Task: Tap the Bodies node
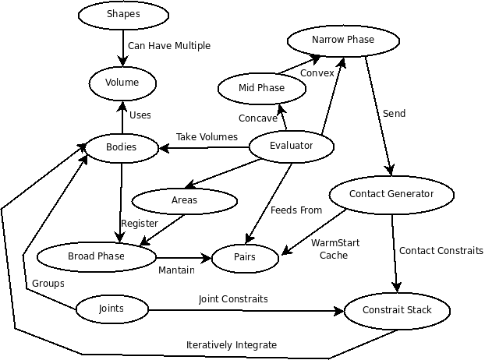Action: (x=121, y=147)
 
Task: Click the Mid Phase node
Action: (x=261, y=88)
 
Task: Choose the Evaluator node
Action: (x=291, y=146)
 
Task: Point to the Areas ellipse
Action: (x=184, y=201)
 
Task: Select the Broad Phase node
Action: (x=97, y=256)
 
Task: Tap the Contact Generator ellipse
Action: (x=391, y=194)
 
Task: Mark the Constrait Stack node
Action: (x=397, y=311)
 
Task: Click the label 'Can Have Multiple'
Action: (x=169, y=46)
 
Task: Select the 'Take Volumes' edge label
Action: (x=207, y=137)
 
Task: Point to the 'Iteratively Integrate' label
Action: (x=232, y=345)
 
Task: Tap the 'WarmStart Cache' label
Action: (x=335, y=249)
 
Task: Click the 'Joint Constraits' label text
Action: (x=233, y=299)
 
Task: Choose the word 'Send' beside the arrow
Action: (x=394, y=114)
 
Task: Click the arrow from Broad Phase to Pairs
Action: (x=185, y=257)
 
